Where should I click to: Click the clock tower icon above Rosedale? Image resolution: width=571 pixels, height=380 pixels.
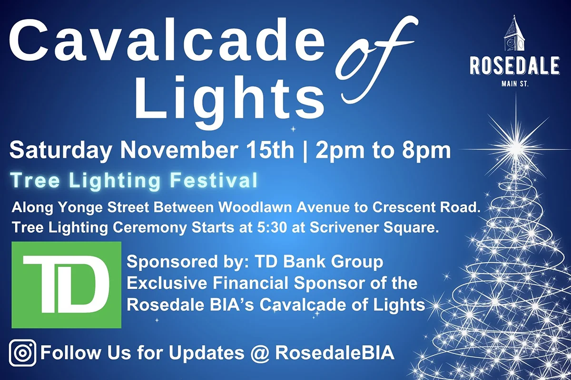pos(514,36)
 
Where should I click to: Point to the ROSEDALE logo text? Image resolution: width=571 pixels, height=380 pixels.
pos(514,66)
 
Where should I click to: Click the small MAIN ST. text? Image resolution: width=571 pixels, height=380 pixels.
pos(514,85)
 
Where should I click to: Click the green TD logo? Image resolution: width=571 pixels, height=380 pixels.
pos(66,285)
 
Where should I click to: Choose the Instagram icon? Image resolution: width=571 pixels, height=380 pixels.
pos(23,354)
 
